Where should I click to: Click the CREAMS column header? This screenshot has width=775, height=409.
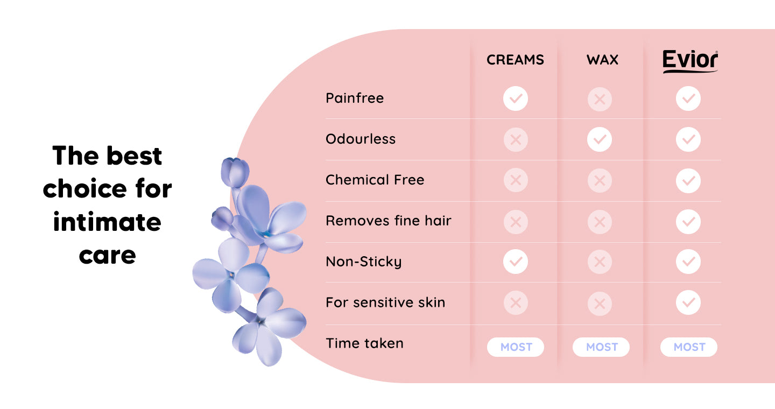(515, 60)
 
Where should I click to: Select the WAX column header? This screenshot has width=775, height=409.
(602, 60)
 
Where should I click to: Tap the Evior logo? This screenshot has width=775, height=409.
(690, 61)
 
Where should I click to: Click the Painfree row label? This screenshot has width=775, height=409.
(355, 98)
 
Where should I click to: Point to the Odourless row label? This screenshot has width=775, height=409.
(361, 139)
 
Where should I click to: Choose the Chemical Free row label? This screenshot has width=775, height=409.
(375, 180)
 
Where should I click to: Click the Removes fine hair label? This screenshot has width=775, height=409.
(389, 221)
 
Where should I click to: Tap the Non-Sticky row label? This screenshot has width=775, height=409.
(364, 262)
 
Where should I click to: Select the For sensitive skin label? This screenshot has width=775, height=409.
(385, 302)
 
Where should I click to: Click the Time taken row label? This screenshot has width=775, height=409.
(365, 343)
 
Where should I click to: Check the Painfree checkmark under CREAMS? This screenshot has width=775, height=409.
(516, 98)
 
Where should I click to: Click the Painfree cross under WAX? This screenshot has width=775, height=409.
(600, 100)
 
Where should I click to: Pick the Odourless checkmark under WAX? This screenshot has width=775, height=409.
(600, 139)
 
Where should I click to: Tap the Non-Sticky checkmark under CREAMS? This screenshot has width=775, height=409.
(516, 262)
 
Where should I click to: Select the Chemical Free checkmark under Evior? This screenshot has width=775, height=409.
(688, 181)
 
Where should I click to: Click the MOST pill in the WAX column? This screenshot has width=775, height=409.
(601, 347)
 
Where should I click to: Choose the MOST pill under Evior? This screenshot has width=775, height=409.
(689, 347)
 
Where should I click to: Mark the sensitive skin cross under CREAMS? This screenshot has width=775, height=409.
(516, 303)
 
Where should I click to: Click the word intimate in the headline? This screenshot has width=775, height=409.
(107, 222)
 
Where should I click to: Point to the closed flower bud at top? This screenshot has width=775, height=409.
(235, 172)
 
